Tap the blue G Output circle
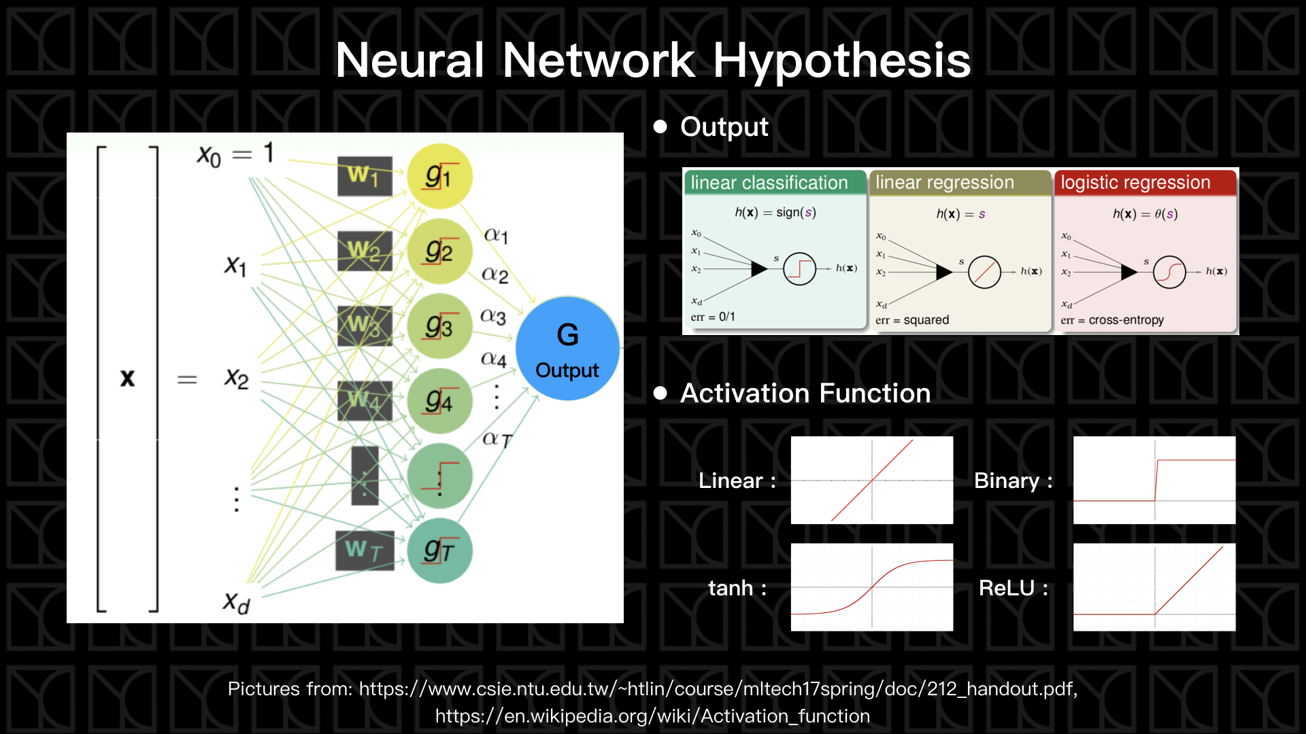(567, 349)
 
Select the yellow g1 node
(439, 176)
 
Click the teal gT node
(439, 550)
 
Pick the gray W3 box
(365, 326)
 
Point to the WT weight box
(365, 550)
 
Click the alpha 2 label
(495, 275)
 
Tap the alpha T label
(497, 439)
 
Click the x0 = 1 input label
(235, 154)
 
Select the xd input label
(236, 601)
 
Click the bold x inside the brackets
(127, 378)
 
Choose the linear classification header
(769, 183)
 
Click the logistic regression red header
(1136, 183)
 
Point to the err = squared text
(912, 320)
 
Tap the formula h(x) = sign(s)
(775, 213)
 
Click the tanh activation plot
(871, 587)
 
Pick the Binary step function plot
(1154, 480)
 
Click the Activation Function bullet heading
(805, 394)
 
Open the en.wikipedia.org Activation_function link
(652, 716)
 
